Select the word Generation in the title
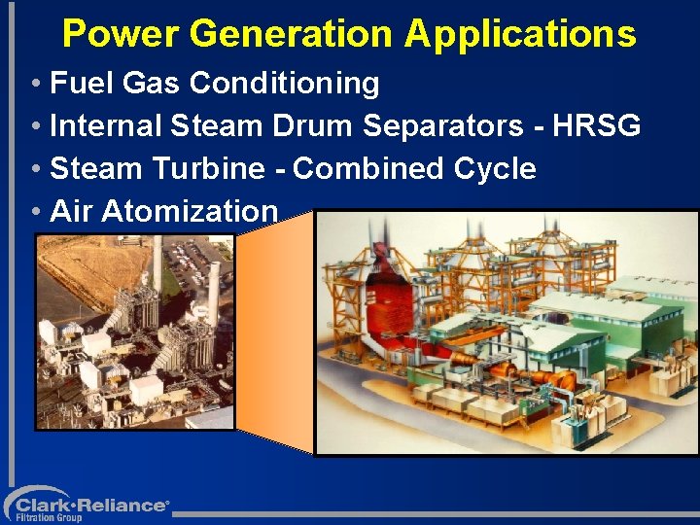click(x=293, y=34)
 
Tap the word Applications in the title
click(x=520, y=34)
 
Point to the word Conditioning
click(x=284, y=84)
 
